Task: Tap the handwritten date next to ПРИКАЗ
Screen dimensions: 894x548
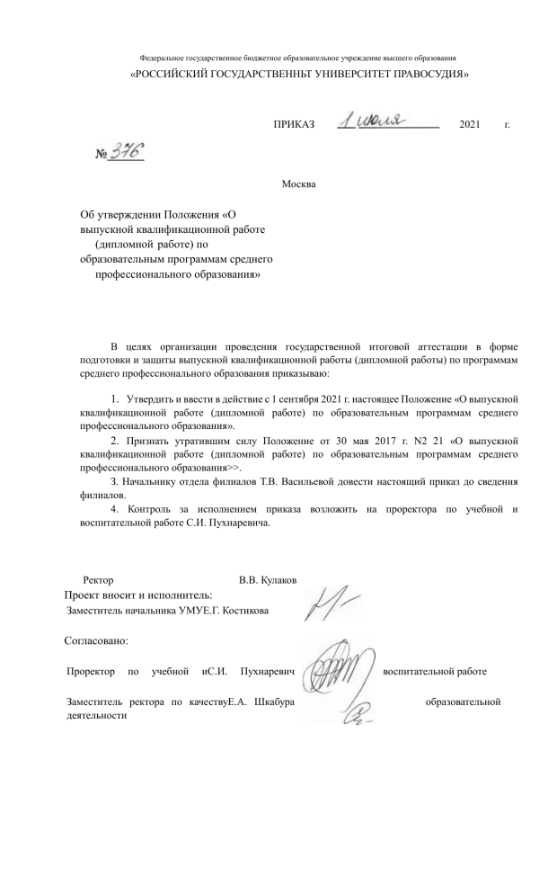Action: tap(375, 120)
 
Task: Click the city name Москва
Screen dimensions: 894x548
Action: tap(299, 184)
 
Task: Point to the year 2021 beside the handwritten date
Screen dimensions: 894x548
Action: tap(470, 123)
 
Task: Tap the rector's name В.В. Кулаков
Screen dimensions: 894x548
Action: tap(269, 580)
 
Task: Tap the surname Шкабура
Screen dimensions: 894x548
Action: tap(274, 702)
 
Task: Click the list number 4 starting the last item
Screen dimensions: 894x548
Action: tap(113, 510)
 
